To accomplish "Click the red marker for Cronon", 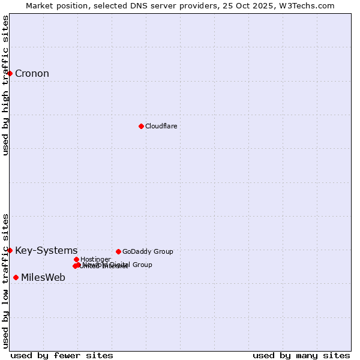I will point(10,73).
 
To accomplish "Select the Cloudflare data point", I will point(141,126).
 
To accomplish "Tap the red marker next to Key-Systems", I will point(10,250).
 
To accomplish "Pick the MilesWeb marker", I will point(16,277).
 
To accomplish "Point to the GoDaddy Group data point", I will point(118,251).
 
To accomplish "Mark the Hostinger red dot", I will point(76,259).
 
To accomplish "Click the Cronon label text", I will point(32,74).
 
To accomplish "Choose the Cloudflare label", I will point(161,126).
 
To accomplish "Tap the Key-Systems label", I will point(46,250).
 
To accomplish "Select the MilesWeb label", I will point(43,277).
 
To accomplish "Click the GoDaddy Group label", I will point(148,251).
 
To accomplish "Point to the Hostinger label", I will point(95,259).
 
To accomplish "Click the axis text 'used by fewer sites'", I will point(62,355).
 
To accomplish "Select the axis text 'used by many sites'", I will point(301,355).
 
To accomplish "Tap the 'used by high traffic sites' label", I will point(6,86).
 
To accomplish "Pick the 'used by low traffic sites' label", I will point(6,281).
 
